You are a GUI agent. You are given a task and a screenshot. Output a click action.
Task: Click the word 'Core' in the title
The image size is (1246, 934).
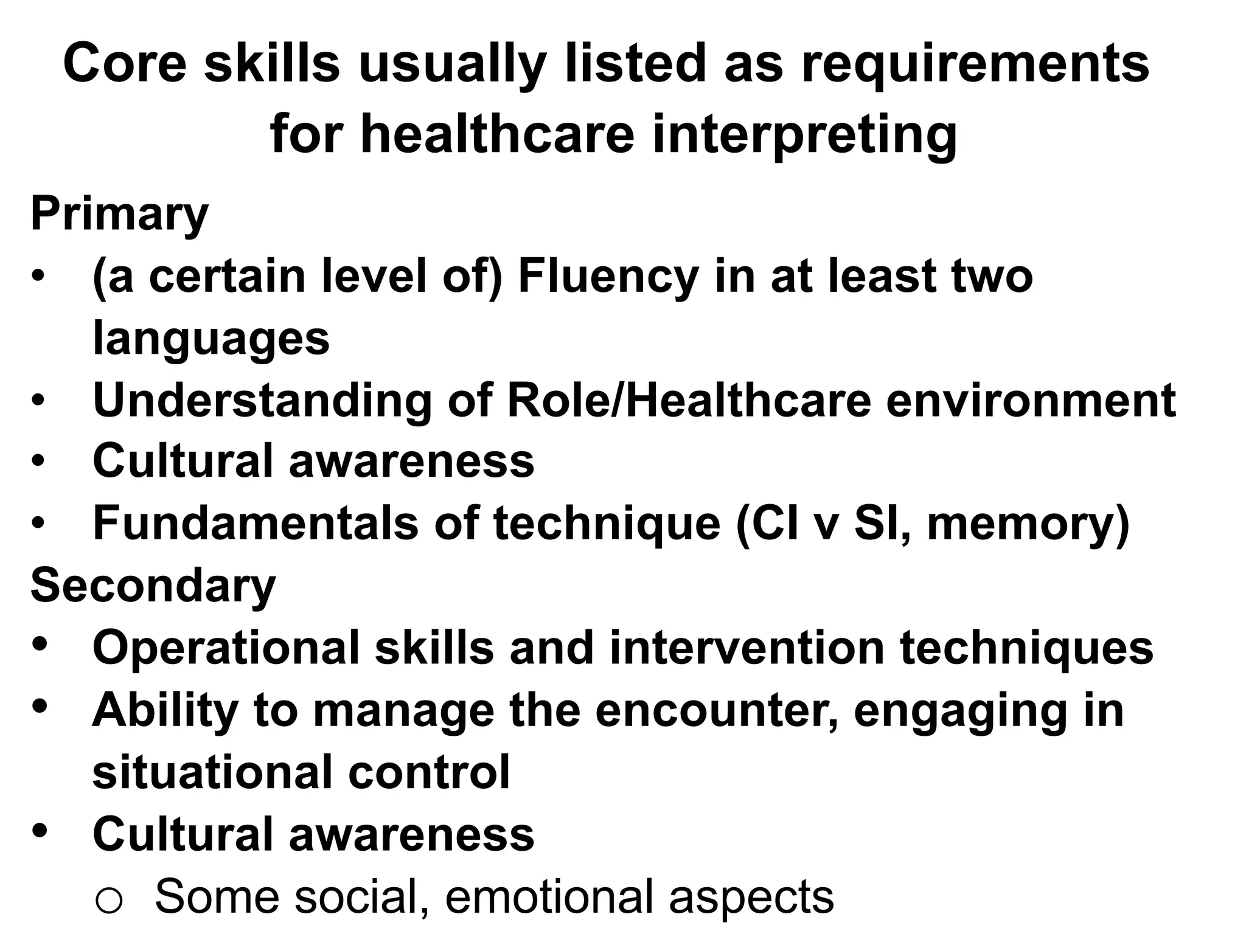pyautogui.click(x=125, y=63)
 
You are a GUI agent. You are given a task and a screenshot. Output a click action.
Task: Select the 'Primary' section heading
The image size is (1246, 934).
pyautogui.click(x=119, y=214)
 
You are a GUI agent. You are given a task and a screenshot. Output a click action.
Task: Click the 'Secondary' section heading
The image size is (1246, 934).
pyautogui.click(x=153, y=585)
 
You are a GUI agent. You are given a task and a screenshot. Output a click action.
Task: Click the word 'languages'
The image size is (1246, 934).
pyautogui.click(x=211, y=339)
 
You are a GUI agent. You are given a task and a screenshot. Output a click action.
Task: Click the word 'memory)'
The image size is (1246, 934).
pyautogui.click(x=1028, y=524)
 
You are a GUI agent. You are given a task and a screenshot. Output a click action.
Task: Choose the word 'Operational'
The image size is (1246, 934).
pyautogui.click(x=226, y=647)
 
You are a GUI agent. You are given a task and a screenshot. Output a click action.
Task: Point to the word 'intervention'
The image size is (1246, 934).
pyautogui.click(x=747, y=647)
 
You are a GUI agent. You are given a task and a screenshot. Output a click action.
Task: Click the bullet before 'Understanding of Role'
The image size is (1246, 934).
pyautogui.click(x=38, y=401)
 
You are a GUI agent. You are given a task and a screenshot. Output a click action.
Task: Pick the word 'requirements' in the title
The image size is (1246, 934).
pyautogui.click(x=975, y=63)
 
